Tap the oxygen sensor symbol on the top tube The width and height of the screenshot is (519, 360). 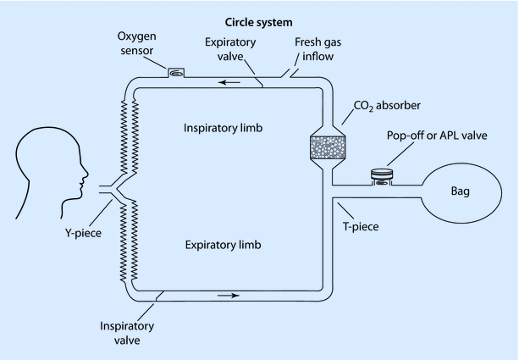pos(176,73)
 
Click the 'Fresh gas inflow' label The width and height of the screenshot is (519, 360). pos(318,48)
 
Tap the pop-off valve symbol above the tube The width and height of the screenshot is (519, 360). pos(384,176)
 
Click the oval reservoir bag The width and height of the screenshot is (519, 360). pos(461,191)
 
